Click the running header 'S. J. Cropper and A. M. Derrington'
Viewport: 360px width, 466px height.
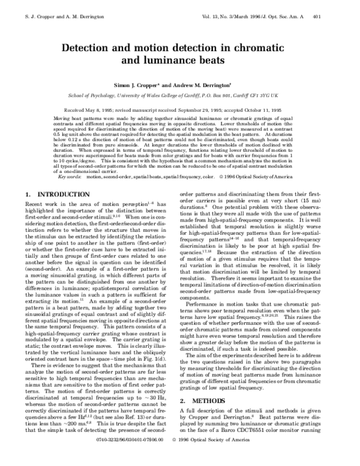(x=53, y=7)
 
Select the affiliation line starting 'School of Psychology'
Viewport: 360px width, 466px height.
(x=179, y=95)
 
